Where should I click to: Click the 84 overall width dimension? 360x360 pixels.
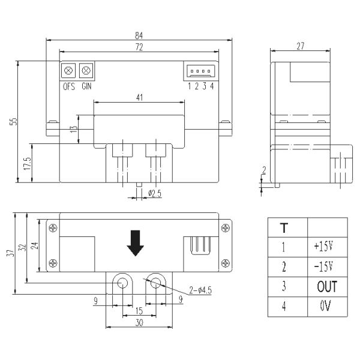139,35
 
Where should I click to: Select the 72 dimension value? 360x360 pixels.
139,47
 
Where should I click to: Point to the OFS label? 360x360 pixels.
69,86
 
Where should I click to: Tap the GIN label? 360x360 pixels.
86,86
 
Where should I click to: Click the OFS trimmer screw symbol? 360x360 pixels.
68,70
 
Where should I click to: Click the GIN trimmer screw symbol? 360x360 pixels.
86,70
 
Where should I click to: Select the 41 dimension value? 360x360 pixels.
139,98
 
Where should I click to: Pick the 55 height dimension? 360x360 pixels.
14,121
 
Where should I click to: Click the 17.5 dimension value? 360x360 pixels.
27,163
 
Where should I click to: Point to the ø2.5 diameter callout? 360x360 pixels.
155,194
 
